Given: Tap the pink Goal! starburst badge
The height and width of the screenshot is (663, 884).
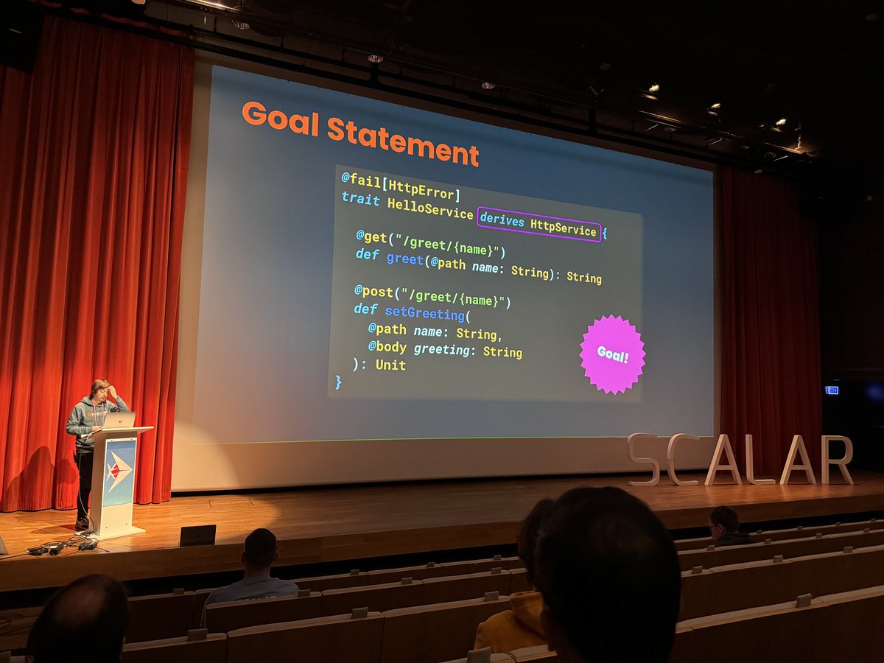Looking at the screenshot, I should pos(612,354).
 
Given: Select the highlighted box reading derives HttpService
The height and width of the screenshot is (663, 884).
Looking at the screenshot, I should pos(539,223).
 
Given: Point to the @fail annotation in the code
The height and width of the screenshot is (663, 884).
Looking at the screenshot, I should pos(357,180).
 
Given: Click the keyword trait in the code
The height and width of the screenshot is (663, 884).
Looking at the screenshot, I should pos(360,200).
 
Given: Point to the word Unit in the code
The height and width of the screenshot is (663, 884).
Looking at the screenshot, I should pos(390,365).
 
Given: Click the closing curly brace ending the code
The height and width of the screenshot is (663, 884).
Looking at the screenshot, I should pos(339,382).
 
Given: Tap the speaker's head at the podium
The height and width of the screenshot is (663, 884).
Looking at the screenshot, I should pos(100,389).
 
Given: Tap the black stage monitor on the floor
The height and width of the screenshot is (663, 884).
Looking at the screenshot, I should pos(197,535).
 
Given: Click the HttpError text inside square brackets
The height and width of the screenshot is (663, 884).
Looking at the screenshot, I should pos(425,190).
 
